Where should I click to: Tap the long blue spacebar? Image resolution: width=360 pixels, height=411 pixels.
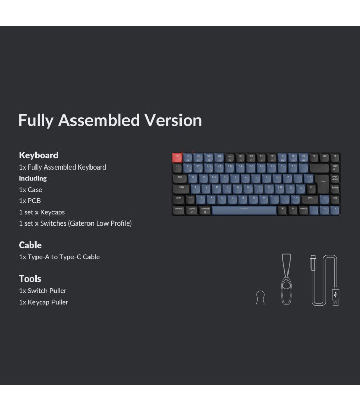[244, 210]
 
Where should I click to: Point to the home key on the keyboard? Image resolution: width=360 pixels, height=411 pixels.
[335, 189]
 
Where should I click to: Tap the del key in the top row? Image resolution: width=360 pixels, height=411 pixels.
[325, 157]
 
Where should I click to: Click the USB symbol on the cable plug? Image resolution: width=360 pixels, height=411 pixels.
[335, 294]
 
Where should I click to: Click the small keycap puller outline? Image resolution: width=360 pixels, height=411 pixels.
[260, 297]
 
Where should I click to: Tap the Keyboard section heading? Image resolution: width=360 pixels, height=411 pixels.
[39, 155]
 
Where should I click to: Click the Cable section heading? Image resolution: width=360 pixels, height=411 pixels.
[30, 245]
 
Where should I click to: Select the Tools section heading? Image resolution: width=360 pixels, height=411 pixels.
[30, 278]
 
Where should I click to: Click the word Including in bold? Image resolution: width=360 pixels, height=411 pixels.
[33, 178]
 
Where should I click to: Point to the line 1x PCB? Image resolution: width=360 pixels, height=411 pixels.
[30, 201]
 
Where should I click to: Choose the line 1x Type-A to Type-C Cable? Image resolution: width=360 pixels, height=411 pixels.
[59, 257]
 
